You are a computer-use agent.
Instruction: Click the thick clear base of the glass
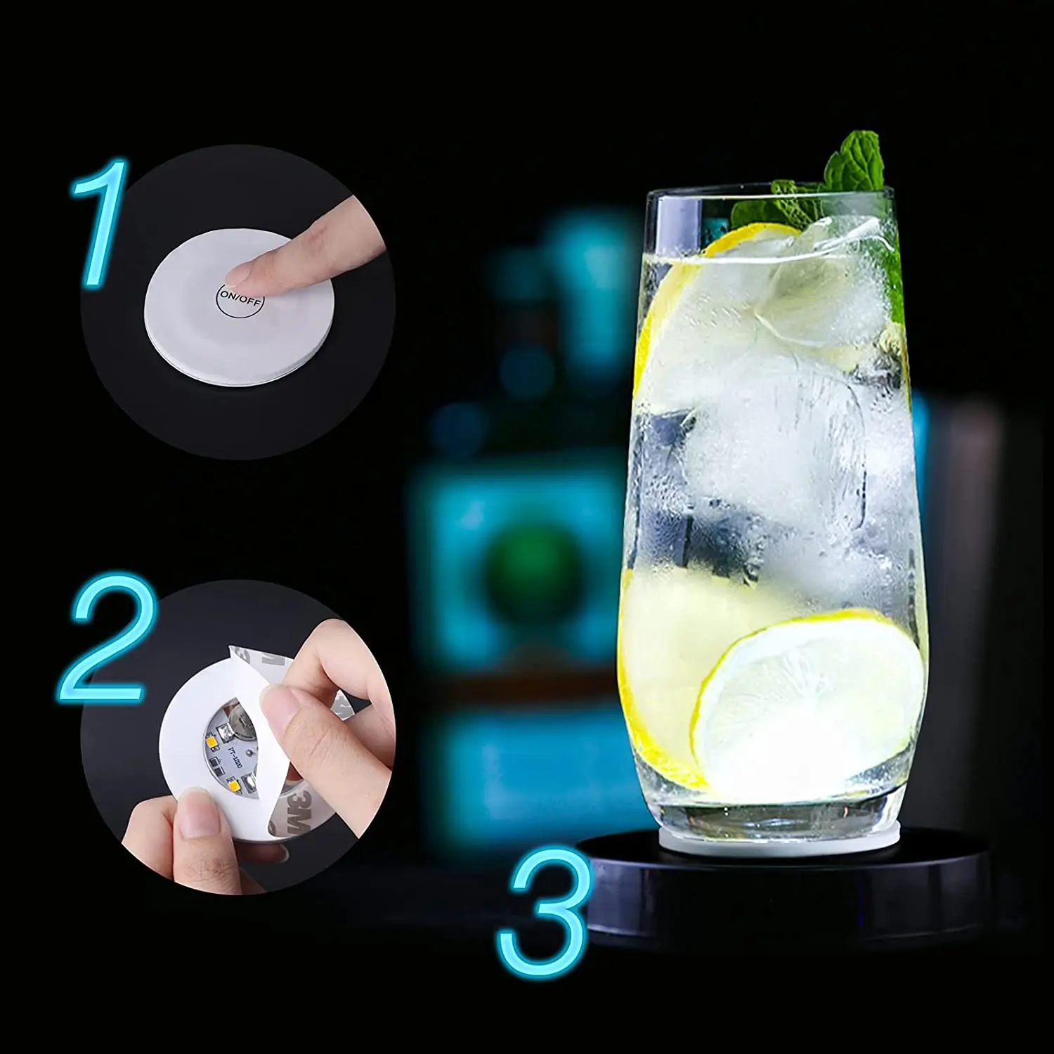click(773, 808)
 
